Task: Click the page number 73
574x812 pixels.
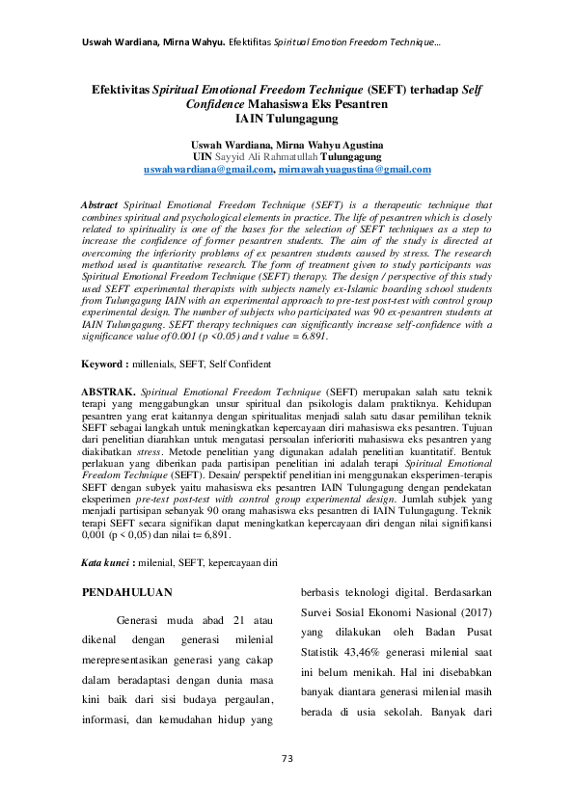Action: (x=287, y=759)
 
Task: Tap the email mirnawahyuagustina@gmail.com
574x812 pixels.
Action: (x=354, y=169)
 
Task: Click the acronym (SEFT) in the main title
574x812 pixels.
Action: (x=388, y=89)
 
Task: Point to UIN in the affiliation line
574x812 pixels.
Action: (x=203, y=156)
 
